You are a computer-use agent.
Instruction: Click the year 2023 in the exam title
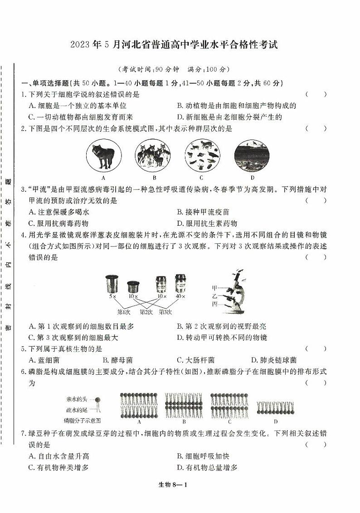tap(81, 45)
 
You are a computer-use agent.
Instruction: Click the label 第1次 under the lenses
tap(124, 312)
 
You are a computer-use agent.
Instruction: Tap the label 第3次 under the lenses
tap(165, 312)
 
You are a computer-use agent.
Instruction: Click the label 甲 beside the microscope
tap(214, 288)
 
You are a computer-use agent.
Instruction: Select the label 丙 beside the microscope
tap(214, 304)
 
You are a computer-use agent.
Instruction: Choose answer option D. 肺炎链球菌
tap(273, 360)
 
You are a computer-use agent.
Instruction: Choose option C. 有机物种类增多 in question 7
tap(58, 468)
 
